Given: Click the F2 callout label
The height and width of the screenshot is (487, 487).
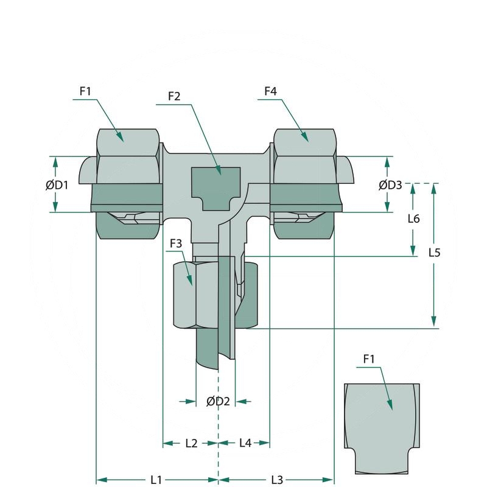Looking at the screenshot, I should click(174, 96).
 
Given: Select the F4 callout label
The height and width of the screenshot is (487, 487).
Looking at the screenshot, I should click(270, 91).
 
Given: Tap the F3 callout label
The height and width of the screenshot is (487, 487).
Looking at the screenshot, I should click(176, 243).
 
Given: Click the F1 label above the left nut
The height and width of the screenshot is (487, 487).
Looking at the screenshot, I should click(85, 91).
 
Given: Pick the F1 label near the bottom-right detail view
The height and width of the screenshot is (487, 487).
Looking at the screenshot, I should click(369, 359).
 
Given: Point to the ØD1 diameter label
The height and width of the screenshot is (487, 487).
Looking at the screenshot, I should click(57, 185).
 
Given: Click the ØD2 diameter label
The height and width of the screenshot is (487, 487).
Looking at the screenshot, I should click(217, 401).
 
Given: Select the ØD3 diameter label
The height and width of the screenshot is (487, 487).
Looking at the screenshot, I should click(390, 185).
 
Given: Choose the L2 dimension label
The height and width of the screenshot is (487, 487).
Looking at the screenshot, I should click(191, 444).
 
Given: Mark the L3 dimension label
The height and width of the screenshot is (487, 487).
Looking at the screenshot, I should click(277, 480).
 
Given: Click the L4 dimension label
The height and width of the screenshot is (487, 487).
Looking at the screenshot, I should click(245, 444).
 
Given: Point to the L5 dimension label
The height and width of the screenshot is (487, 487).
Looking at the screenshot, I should click(434, 251).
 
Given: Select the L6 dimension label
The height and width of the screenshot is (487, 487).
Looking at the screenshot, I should click(413, 219).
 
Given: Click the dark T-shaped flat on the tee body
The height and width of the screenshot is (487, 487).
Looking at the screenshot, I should click(216, 183).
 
